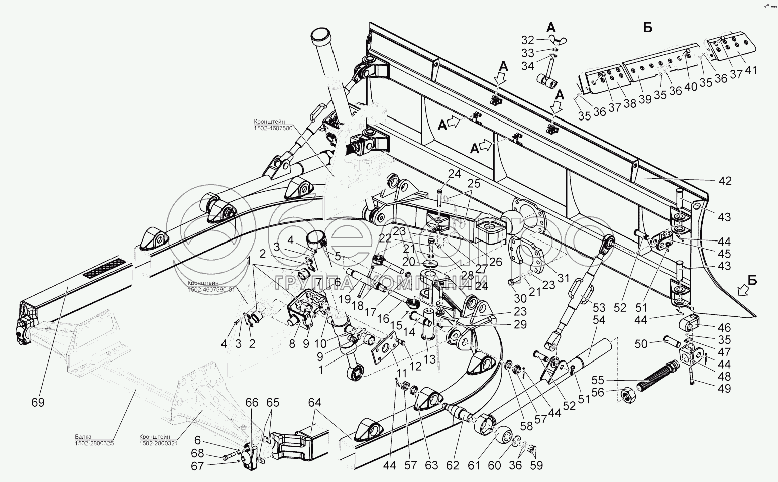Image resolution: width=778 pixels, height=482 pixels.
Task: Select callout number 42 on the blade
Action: pos(725,181)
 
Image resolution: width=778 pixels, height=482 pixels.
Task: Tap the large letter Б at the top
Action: pos(647,28)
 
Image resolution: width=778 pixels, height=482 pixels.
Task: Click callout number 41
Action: pos(750,70)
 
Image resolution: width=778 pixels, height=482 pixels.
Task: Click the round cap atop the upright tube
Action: pos(317,37)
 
